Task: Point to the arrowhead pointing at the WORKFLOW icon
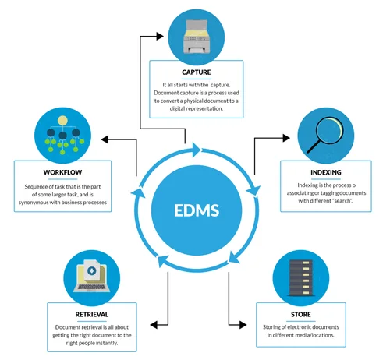[106, 141]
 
